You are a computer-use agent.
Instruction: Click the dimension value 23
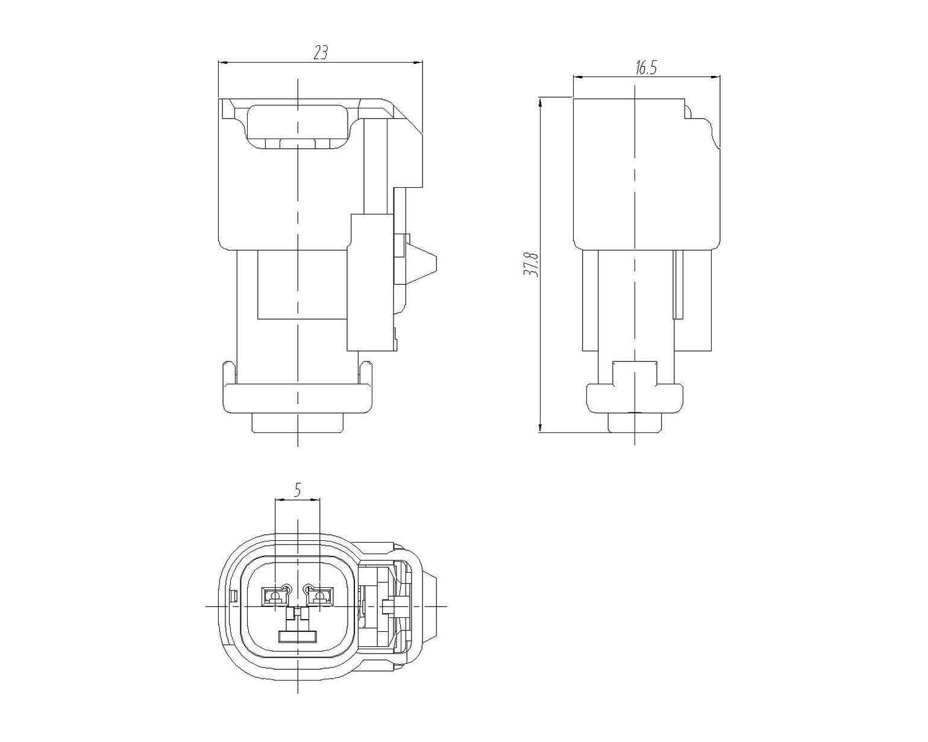click(x=321, y=52)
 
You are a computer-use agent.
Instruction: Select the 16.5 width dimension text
click(x=645, y=67)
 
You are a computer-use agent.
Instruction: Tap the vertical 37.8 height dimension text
click(x=531, y=264)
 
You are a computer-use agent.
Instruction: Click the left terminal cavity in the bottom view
click(x=273, y=596)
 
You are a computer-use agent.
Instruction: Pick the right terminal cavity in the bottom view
click(x=320, y=596)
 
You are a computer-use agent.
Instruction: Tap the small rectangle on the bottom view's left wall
click(x=233, y=596)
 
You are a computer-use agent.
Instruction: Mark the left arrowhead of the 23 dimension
click(x=224, y=63)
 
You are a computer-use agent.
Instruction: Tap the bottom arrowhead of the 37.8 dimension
click(x=540, y=427)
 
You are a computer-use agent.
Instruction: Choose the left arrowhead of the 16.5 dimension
click(x=578, y=77)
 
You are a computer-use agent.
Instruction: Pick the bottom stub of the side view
click(x=635, y=423)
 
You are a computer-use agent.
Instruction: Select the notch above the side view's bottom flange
click(x=635, y=374)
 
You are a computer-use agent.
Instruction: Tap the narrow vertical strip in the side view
click(x=679, y=284)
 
